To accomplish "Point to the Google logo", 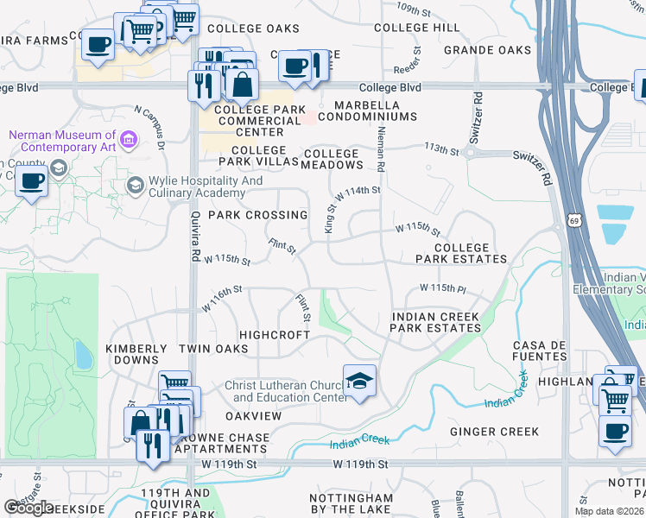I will pos(28,508).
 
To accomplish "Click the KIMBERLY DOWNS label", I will pos(136,355).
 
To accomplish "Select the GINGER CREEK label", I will pos(495,432).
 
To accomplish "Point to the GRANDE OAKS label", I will pos(487,50).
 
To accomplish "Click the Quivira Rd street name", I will pos(195,227).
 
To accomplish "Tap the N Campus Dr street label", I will pos(149,123).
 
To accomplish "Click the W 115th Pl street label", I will pos(442,287).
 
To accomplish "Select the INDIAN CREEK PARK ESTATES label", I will pos(435,322).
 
